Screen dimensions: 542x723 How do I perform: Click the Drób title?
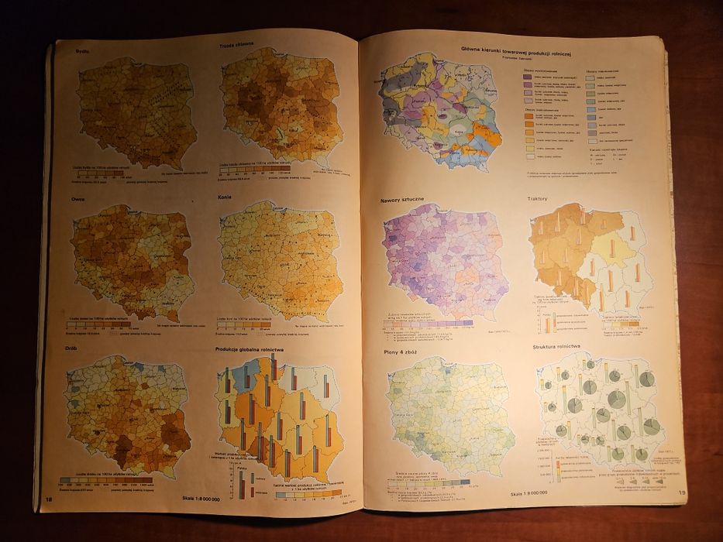73,348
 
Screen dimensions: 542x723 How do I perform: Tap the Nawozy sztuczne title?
401,201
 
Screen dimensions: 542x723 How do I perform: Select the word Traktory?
538,198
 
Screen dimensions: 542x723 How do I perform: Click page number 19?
681,492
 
